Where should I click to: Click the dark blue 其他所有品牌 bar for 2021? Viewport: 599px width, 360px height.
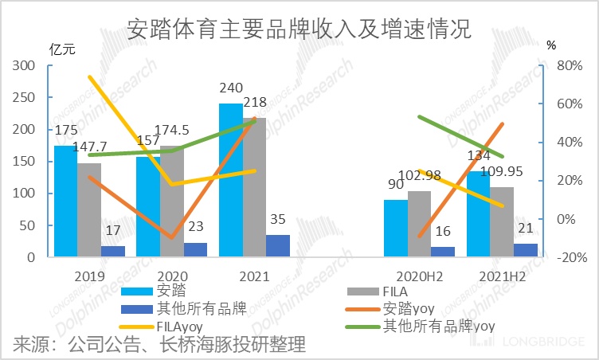(x=278, y=246)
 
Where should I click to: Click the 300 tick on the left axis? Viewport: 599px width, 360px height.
(x=25, y=66)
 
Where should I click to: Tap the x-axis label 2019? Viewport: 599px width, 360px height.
(x=88, y=276)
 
